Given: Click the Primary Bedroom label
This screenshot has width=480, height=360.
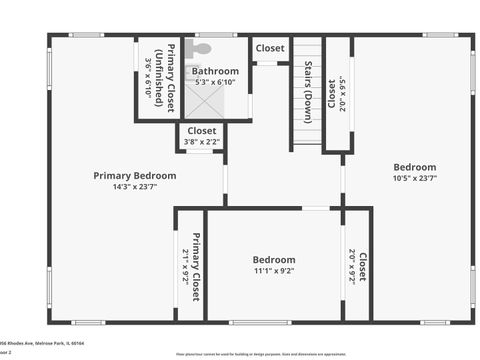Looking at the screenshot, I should (134, 175).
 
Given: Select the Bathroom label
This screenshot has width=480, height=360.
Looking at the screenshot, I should (215, 71).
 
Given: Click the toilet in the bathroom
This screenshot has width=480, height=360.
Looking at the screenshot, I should (202, 48).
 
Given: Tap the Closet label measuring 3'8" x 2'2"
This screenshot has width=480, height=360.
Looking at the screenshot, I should (201, 130).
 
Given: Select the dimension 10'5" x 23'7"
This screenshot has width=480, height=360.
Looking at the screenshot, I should (414, 178).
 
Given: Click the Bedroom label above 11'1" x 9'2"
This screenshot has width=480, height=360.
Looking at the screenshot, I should (274, 260).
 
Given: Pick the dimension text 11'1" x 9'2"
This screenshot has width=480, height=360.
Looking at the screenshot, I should (274, 270).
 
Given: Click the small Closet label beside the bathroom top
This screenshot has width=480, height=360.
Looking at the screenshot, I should (269, 48).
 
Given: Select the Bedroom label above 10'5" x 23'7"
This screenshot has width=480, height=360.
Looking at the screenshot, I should (414, 167).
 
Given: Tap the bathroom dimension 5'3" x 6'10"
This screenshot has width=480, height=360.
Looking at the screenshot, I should (215, 82).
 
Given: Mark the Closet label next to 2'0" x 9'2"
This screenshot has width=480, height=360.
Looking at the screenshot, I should (362, 265).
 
